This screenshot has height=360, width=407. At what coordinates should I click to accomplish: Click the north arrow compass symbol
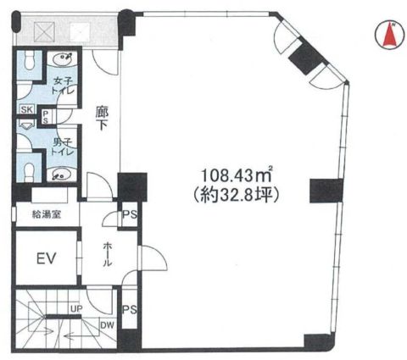tap(389, 36)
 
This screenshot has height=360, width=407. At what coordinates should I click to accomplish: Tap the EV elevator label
tap(47, 258)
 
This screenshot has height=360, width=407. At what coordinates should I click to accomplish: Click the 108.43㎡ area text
tap(237, 175)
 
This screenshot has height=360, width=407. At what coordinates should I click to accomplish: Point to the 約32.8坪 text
tap(237, 195)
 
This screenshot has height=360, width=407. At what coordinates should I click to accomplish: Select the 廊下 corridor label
tap(102, 119)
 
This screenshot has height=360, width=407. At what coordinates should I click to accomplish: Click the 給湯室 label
tap(47, 215)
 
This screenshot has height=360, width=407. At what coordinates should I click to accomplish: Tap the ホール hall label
tap(107, 254)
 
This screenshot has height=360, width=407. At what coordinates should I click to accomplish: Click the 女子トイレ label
tap(64, 86)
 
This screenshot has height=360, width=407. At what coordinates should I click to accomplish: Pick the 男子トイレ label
tap(63, 147)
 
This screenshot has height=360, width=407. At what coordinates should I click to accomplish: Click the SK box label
tap(27, 109)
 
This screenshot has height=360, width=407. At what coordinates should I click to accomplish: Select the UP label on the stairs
tap(76, 309)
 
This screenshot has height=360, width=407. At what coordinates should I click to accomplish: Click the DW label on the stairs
tap(108, 325)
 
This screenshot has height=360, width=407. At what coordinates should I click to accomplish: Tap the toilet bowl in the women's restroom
tap(30, 61)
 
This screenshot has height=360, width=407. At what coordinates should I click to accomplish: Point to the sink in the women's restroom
tap(63, 58)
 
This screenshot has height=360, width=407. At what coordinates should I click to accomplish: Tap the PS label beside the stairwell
tap(130, 310)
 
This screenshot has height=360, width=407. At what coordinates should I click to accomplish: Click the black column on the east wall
tap(326, 191)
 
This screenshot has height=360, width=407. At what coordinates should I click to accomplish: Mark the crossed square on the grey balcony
tap(44, 32)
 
